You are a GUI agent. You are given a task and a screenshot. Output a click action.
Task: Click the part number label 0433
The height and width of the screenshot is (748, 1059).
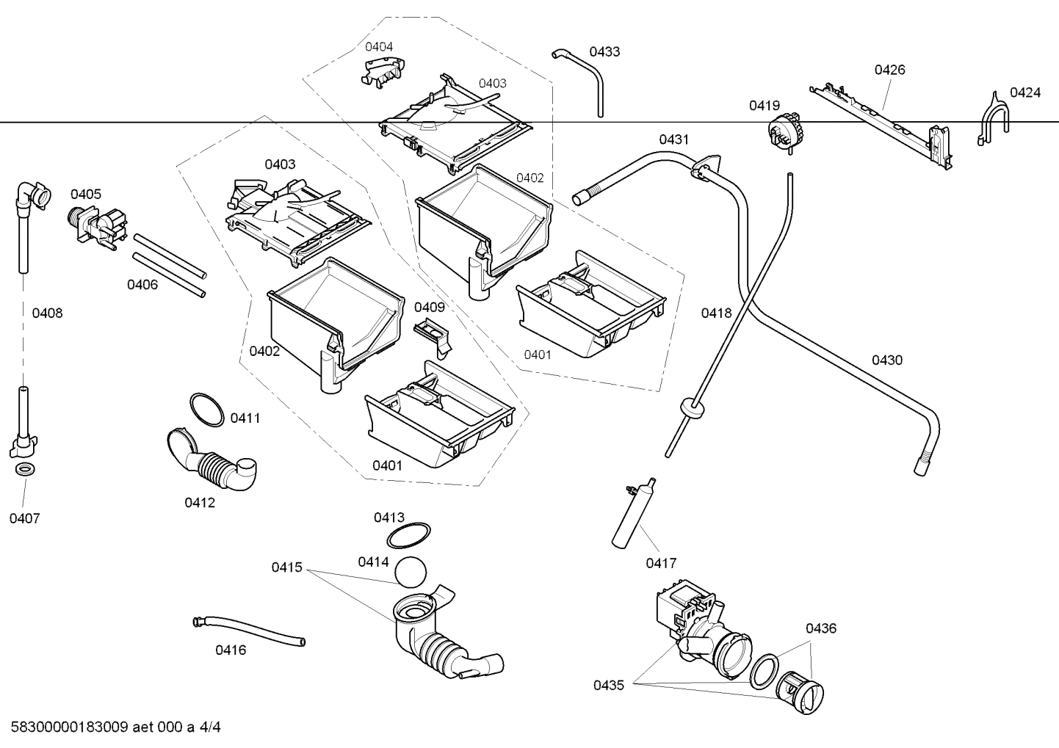(604, 51)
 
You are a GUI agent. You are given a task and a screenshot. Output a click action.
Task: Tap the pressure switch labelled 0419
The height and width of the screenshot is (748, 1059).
(784, 133)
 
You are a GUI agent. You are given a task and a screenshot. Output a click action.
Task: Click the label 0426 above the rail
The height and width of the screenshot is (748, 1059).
(889, 70)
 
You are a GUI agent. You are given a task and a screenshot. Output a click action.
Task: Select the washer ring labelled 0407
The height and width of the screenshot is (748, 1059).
(23, 470)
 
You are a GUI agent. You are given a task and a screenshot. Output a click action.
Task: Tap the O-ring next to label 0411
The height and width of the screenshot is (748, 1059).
(206, 410)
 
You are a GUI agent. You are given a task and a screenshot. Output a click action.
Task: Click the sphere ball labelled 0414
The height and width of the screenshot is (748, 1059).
(411, 570)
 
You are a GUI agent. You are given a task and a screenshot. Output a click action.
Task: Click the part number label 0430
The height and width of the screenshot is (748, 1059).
(887, 360)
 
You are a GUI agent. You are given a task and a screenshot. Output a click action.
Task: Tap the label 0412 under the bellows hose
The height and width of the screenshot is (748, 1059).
(200, 503)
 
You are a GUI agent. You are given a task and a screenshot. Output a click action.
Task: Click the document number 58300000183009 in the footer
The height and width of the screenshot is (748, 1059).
(70, 727)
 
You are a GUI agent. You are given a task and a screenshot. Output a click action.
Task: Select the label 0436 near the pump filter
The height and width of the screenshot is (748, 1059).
(821, 628)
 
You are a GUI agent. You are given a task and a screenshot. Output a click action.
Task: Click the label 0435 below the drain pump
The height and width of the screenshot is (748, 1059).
(609, 686)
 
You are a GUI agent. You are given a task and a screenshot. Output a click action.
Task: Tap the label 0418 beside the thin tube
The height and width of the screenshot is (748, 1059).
(716, 313)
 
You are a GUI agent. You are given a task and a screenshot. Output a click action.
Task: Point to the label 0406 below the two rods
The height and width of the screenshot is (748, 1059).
(142, 285)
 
